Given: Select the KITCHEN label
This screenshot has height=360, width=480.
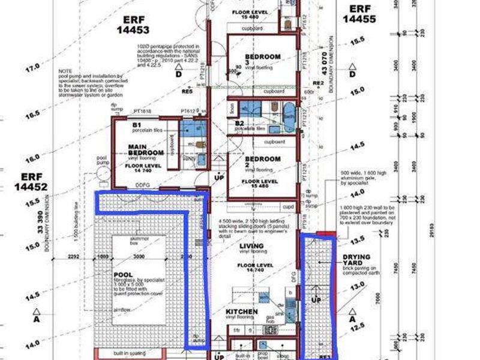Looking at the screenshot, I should tap(242, 312).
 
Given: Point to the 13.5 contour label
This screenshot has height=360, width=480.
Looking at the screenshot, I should tap(357, 239).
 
